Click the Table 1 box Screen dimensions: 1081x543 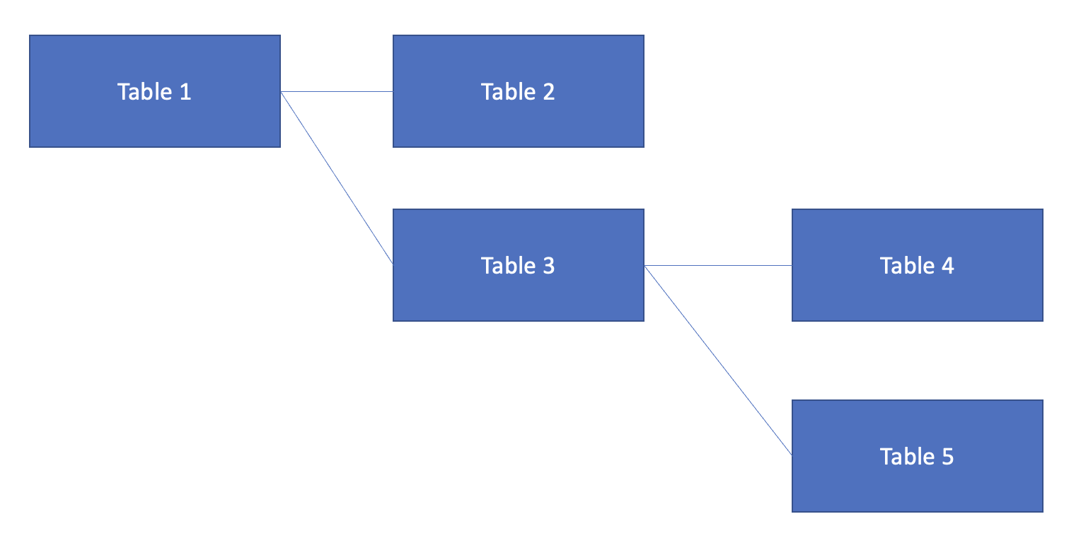pyautogui.click(x=155, y=91)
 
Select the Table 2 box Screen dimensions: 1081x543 pyautogui.click(x=519, y=91)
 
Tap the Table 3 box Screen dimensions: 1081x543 pyautogui.click(x=519, y=265)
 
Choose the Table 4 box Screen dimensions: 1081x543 pyautogui.click(x=918, y=265)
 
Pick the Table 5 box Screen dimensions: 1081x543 pyautogui.click(x=918, y=456)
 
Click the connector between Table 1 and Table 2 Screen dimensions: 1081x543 pyautogui.click(x=337, y=91)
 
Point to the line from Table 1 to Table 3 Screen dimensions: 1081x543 pyautogui.click(x=337, y=178)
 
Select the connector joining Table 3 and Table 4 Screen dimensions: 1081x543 pyautogui.click(x=718, y=265)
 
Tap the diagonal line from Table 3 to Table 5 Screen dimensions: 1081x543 pyautogui.click(x=718, y=360)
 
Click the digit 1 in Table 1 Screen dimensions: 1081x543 pyautogui.click(x=185, y=92)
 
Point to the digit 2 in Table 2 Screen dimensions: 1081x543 pyautogui.click(x=549, y=92)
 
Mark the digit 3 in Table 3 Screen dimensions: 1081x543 pyautogui.click(x=549, y=266)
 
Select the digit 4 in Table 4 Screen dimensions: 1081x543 pyautogui.click(x=948, y=266)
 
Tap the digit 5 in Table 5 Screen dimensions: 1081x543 pyautogui.click(x=948, y=457)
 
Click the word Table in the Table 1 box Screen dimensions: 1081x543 pyautogui.click(x=145, y=92)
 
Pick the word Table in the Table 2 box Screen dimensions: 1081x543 pyautogui.click(x=508, y=92)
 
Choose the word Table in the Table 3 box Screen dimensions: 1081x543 pyautogui.click(x=508, y=266)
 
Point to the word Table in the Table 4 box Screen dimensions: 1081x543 pyautogui.click(x=907, y=266)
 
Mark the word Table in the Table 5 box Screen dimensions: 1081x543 pyautogui.click(x=907, y=457)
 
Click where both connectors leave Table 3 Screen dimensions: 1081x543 pyautogui.click(x=644, y=266)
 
